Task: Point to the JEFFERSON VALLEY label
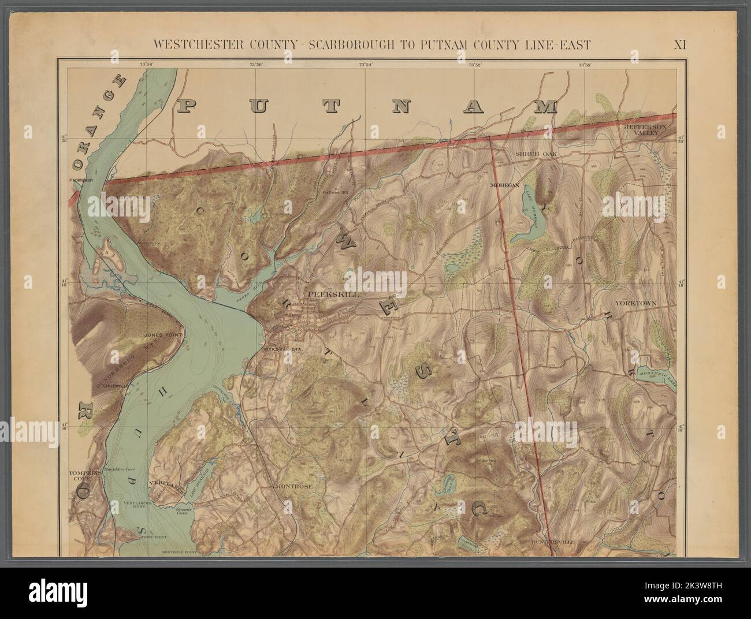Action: click(x=646, y=129)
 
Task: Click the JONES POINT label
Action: click(x=163, y=334)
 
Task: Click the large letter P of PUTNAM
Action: click(x=192, y=106)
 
